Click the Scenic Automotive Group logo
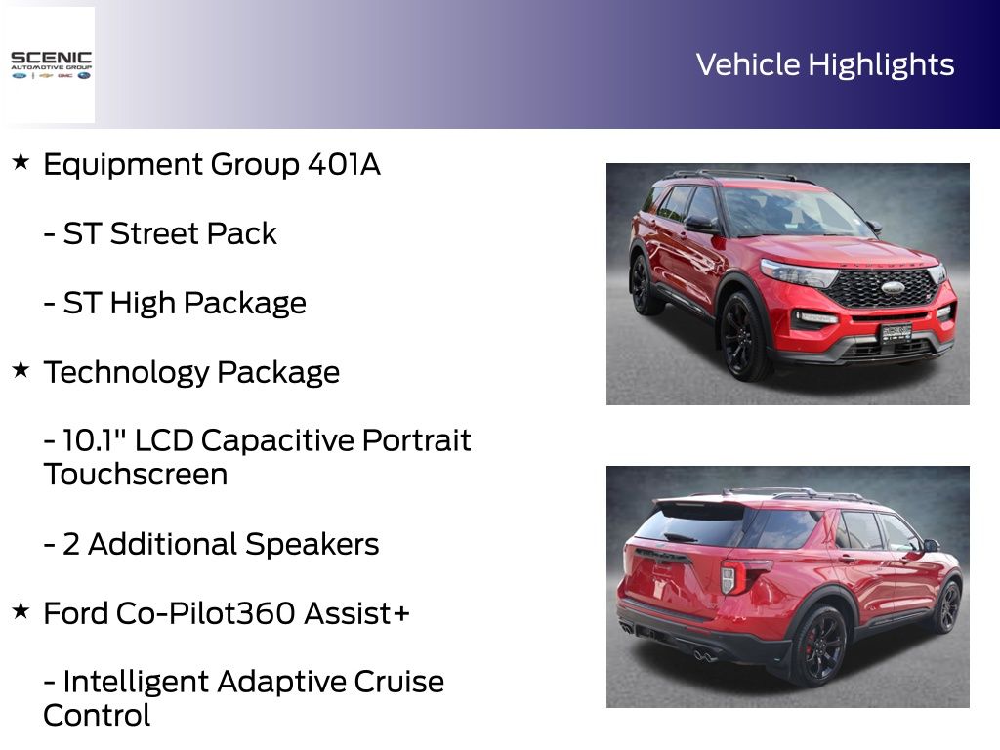[x=51, y=65]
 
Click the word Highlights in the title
[x=882, y=65]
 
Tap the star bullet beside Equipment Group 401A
[x=21, y=161]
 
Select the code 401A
[x=344, y=164]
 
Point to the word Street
[x=153, y=233]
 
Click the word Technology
[x=126, y=372]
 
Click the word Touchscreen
[x=135, y=475]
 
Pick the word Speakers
[x=312, y=545]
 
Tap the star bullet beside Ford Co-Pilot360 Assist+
[x=21, y=610]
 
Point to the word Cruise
[x=398, y=682]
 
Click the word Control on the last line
[x=97, y=716]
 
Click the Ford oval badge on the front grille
[x=893, y=287]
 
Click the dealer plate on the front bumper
[x=896, y=333]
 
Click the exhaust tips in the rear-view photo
[x=703, y=655]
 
